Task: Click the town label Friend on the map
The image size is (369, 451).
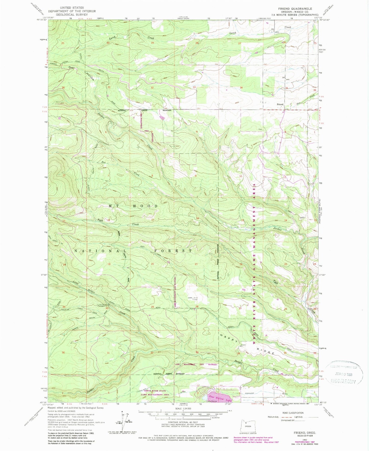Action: coord(280,104)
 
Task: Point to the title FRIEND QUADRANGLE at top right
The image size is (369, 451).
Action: coord(295,9)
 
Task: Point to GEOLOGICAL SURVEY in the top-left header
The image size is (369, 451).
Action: coord(72,15)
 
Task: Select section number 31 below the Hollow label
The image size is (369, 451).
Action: coord(109,87)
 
